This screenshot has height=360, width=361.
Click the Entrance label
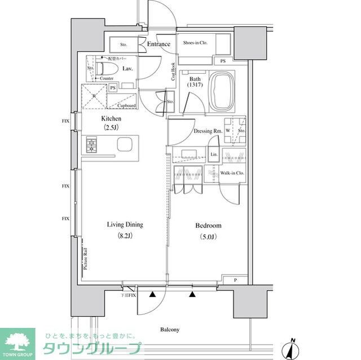(x=159, y=45)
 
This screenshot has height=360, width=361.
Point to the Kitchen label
(x=111, y=119)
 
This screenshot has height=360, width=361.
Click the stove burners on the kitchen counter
(x=92, y=145)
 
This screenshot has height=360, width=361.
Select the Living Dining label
(x=125, y=224)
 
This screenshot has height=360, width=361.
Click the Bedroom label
(x=208, y=225)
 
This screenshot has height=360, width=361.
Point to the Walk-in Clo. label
(x=232, y=174)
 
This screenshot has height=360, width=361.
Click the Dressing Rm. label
(x=207, y=131)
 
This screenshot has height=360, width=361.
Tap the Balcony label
(x=169, y=330)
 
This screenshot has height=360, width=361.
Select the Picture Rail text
(x=85, y=259)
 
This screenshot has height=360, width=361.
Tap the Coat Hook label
(x=173, y=72)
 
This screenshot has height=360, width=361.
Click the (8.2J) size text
(x=125, y=235)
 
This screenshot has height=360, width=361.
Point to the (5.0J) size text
(x=208, y=236)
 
